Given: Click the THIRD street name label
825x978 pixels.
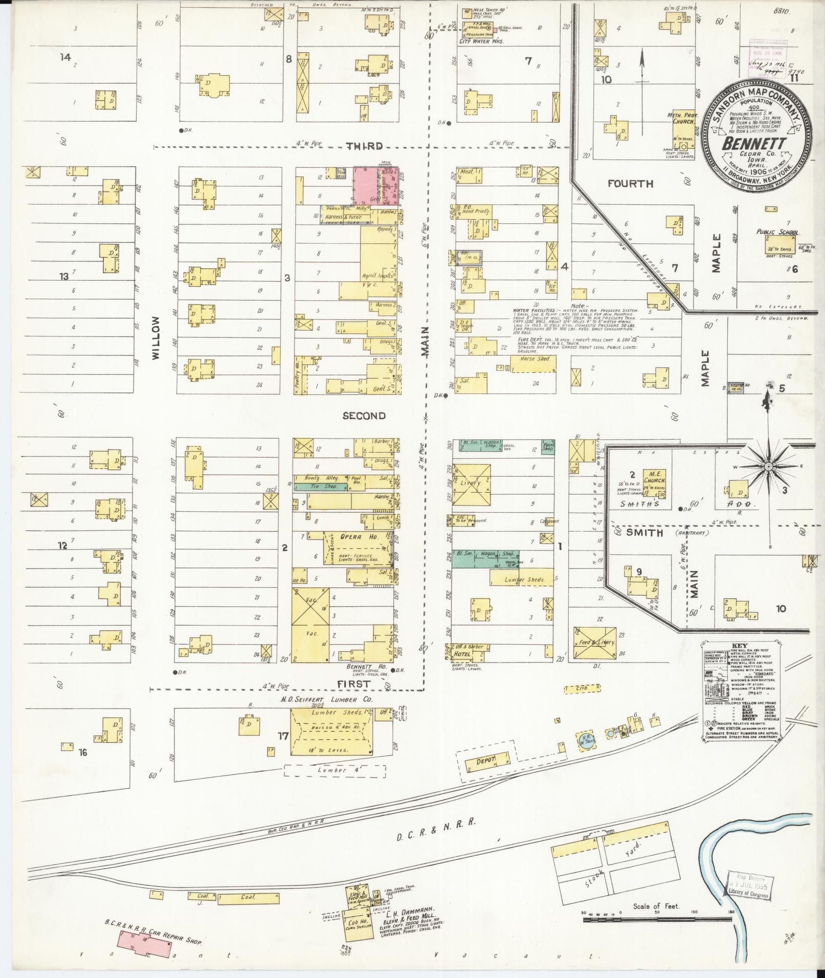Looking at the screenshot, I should (364, 146).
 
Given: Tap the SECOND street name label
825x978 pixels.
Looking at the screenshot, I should (364, 416).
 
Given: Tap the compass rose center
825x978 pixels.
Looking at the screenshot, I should (768, 467).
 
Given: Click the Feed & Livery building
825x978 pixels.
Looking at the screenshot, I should (594, 643).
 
